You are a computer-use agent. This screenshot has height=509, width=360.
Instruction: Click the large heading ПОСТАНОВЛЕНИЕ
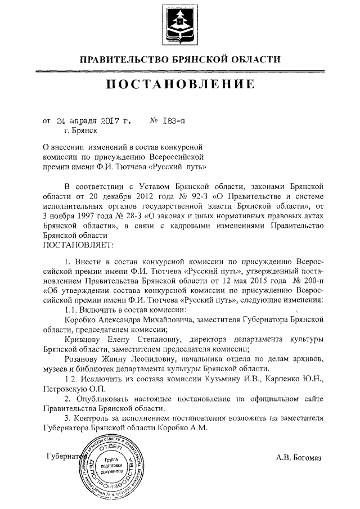(179, 85)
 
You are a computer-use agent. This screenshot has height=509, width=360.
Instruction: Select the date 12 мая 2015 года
(250, 280)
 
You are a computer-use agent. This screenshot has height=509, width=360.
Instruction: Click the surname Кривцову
(84, 339)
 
